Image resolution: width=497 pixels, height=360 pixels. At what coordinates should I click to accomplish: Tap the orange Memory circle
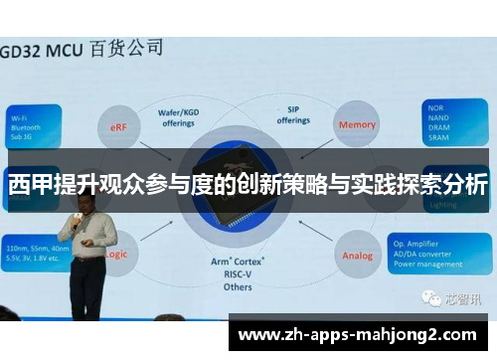click(x=357, y=125)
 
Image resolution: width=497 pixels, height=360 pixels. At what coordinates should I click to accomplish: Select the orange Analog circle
click(x=357, y=256)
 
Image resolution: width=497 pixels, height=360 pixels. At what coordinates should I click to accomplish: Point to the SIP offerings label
click(x=292, y=115)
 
